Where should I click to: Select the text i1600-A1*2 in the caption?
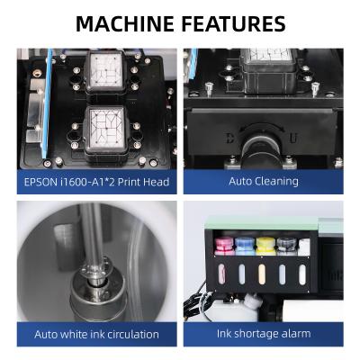pos(102,181)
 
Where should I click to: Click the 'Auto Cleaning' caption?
pos(264,181)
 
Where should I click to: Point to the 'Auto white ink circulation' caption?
pos(96,334)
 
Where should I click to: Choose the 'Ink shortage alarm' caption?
pos(264,334)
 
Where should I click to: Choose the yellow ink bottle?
pos(264,244)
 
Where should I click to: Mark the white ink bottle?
pos(304,245)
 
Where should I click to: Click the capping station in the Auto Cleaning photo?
pos(266,65)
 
